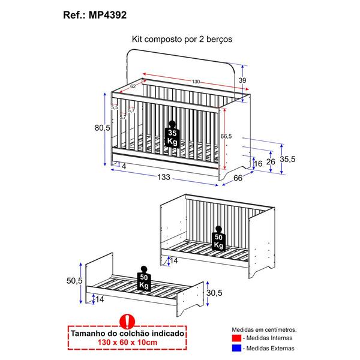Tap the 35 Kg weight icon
[x=172, y=136]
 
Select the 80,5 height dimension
[x=102, y=127]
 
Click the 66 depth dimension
[x=238, y=178]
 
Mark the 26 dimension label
[x=271, y=162]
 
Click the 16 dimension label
[x=258, y=164]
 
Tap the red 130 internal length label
[x=196, y=82]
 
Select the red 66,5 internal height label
[x=226, y=135]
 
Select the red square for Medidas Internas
[x=235, y=338]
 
